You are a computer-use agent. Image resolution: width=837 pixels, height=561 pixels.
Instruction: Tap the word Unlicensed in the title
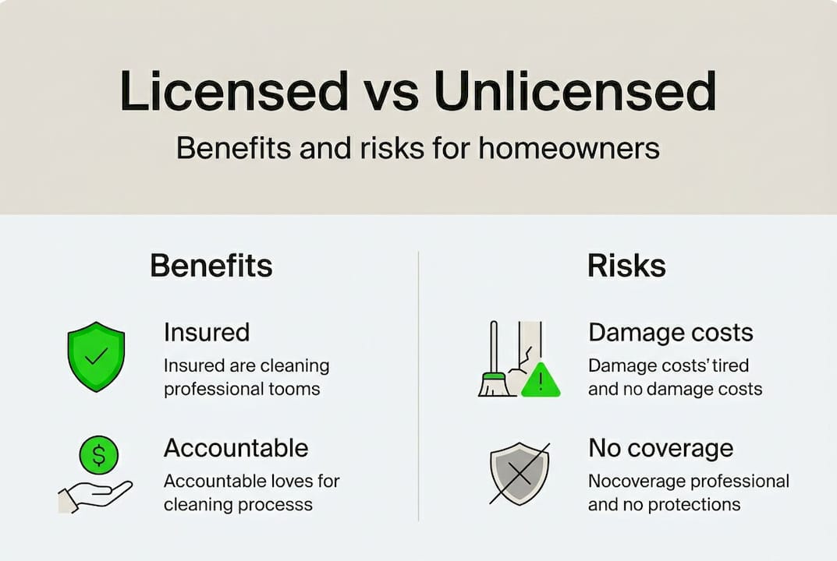(x=575, y=92)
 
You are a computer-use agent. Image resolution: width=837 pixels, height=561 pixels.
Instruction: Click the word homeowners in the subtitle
(x=569, y=148)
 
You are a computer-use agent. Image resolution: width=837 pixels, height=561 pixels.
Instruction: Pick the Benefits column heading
(x=211, y=266)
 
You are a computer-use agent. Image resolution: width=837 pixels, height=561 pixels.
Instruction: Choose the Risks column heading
(x=626, y=266)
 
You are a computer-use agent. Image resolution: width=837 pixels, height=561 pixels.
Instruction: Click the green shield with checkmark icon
(x=96, y=356)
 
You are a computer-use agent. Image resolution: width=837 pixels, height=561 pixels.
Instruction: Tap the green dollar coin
(x=99, y=454)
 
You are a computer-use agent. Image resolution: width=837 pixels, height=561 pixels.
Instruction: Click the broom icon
(x=493, y=366)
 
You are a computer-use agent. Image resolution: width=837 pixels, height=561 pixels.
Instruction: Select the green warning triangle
(x=540, y=379)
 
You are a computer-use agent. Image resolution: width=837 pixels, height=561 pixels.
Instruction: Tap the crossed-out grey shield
(x=520, y=475)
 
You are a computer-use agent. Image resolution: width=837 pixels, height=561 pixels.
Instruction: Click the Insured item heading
(x=207, y=333)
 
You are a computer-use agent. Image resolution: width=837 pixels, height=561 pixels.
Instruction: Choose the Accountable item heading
(x=236, y=448)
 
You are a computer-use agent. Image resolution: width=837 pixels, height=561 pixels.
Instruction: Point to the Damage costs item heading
(x=670, y=333)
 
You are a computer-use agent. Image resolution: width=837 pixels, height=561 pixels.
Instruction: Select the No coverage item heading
(x=661, y=448)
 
